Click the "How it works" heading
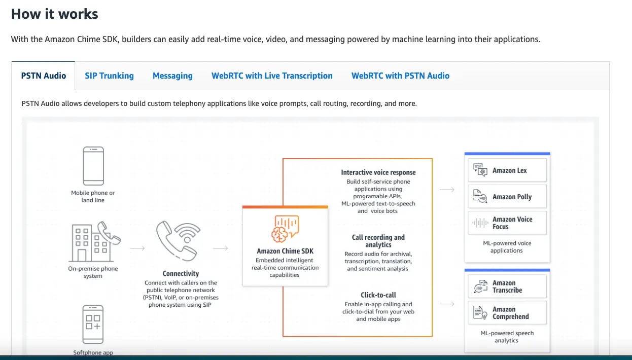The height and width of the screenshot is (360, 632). point(55,14)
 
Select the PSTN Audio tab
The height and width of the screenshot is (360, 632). point(44,76)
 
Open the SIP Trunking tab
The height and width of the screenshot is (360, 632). point(109,76)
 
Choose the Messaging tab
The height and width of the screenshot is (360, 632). point(172,76)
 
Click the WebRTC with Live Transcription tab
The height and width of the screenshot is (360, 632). point(272,76)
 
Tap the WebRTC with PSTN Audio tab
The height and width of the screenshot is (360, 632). point(400,76)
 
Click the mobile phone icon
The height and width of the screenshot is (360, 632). point(93,166)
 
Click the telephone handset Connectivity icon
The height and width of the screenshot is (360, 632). point(178,241)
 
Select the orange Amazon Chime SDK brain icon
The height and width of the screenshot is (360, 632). point(285,228)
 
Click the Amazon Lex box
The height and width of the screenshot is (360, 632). point(507,170)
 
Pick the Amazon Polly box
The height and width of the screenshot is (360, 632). point(507,197)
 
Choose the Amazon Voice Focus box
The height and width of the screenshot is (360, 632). point(507,223)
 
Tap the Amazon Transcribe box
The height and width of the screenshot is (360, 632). point(507,286)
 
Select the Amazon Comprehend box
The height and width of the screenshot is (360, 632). point(507,313)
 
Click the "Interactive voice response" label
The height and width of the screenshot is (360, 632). point(378,172)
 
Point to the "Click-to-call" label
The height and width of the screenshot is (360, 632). point(378,295)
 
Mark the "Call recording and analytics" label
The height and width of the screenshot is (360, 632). point(378,241)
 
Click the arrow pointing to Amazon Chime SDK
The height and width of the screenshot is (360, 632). point(220,248)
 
